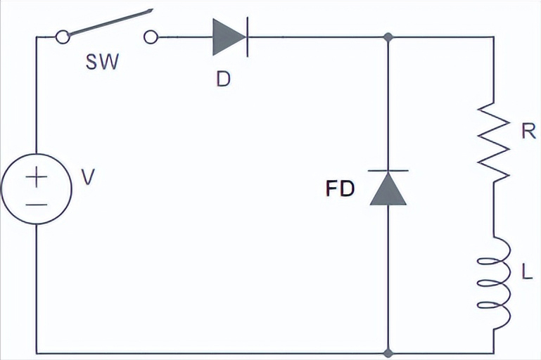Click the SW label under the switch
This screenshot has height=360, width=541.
click(102, 62)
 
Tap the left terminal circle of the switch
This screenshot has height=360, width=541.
click(63, 37)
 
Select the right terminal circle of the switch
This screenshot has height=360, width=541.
click(151, 37)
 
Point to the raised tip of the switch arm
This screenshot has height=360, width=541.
click(152, 11)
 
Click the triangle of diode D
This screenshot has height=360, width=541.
click(229, 37)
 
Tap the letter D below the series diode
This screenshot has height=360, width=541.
click(223, 79)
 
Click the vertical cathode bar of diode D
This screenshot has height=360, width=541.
click(248, 37)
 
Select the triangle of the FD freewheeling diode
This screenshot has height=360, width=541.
click(388, 189)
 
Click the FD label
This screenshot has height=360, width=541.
click(340, 188)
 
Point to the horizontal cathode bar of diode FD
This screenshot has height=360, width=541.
click(388, 170)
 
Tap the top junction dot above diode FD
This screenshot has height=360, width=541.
click(388, 37)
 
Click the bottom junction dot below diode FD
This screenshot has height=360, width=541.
click(388, 353)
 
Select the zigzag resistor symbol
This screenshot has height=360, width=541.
click(493, 142)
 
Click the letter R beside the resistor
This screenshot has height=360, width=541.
click(528, 131)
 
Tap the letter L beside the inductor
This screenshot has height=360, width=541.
click(527, 271)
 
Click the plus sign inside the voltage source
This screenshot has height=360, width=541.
click(36, 176)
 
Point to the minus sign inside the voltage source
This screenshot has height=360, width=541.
click(36, 205)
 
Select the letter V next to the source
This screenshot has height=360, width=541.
click(88, 177)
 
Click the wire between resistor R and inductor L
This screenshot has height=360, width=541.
click(493, 210)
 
